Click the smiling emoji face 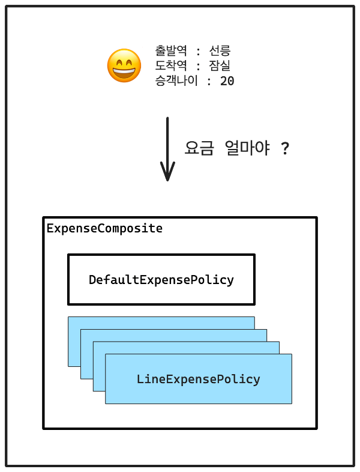click(124, 66)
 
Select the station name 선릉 click(220, 50)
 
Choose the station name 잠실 click(220, 65)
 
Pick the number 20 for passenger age click(227, 80)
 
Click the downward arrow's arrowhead click(167, 174)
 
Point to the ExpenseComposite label click(104, 229)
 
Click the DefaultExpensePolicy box click(161, 279)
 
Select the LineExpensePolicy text click(198, 379)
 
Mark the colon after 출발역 click(199, 51)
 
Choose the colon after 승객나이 click(209, 81)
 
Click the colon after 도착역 click(199, 66)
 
